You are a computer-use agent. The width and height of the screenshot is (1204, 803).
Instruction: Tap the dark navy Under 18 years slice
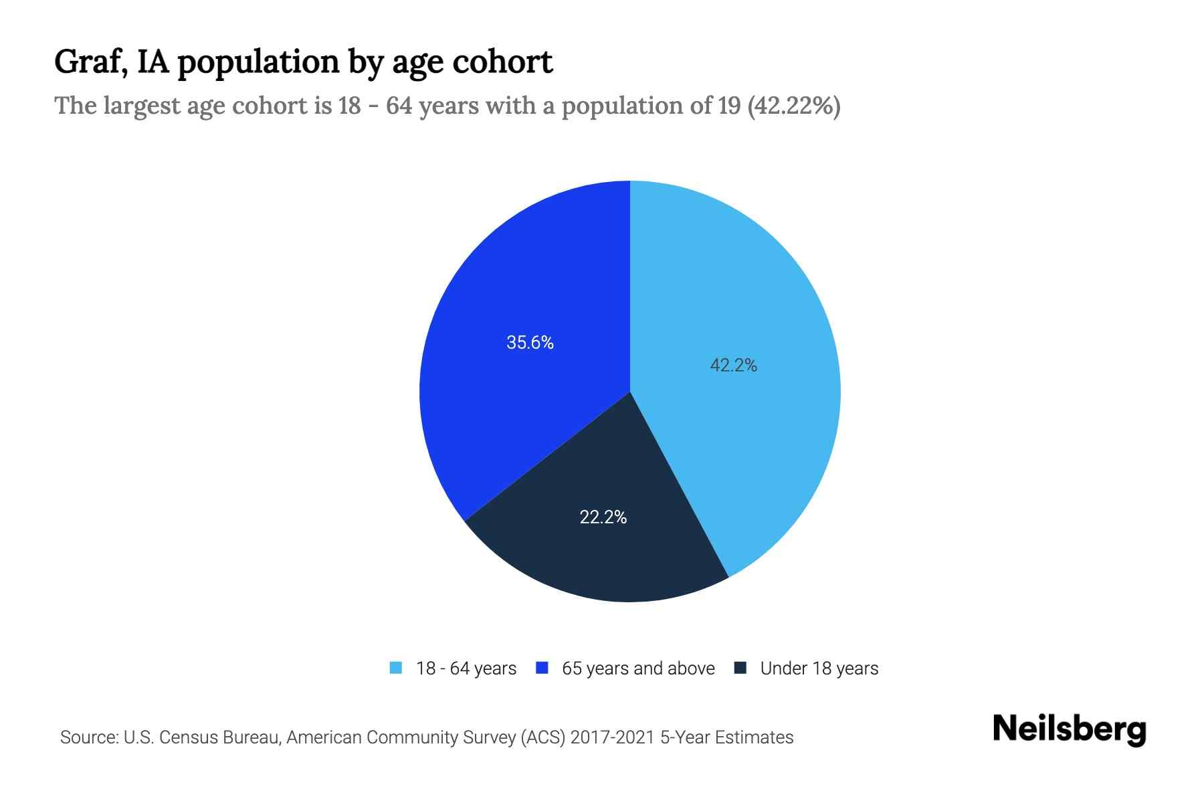pos(602,549)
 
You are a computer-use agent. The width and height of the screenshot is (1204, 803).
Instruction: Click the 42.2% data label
pos(733,365)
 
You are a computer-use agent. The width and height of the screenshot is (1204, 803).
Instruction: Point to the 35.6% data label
pos(530,343)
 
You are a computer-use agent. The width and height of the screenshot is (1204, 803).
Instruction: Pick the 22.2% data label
pos(603,517)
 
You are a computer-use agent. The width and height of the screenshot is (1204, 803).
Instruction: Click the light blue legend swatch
pos(396,668)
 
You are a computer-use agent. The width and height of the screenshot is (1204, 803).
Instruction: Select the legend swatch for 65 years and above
pos(542,668)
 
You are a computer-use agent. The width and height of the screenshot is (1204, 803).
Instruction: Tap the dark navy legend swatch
pos(740,668)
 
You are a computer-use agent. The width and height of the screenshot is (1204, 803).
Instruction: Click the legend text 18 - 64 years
pos(466,668)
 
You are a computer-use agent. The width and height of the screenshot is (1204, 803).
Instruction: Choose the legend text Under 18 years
pos(819,668)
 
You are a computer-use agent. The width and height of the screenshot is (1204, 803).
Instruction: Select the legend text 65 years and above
pos(638,668)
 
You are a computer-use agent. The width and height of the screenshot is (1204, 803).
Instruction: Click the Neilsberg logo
pos(1070,729)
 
